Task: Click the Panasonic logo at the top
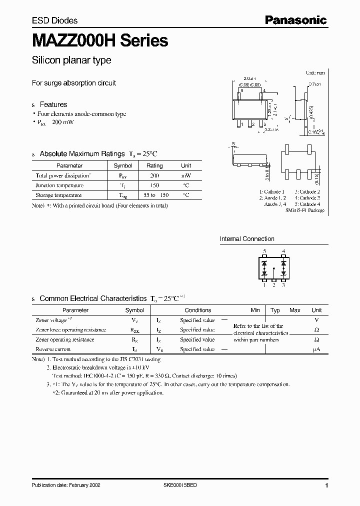295,20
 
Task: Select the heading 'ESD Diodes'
54,20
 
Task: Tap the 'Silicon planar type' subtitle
71,60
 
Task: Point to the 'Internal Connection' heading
247,239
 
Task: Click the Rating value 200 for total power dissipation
154,175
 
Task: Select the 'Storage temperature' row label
58,195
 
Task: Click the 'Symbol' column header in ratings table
123,165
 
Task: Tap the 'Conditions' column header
198,310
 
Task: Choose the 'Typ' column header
275,310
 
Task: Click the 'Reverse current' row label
53,349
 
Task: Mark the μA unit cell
316,349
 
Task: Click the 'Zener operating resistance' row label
65,339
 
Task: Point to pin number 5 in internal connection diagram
264,251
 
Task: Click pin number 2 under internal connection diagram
274,285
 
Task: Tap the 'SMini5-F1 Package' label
305,210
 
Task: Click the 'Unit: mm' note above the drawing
315,73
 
